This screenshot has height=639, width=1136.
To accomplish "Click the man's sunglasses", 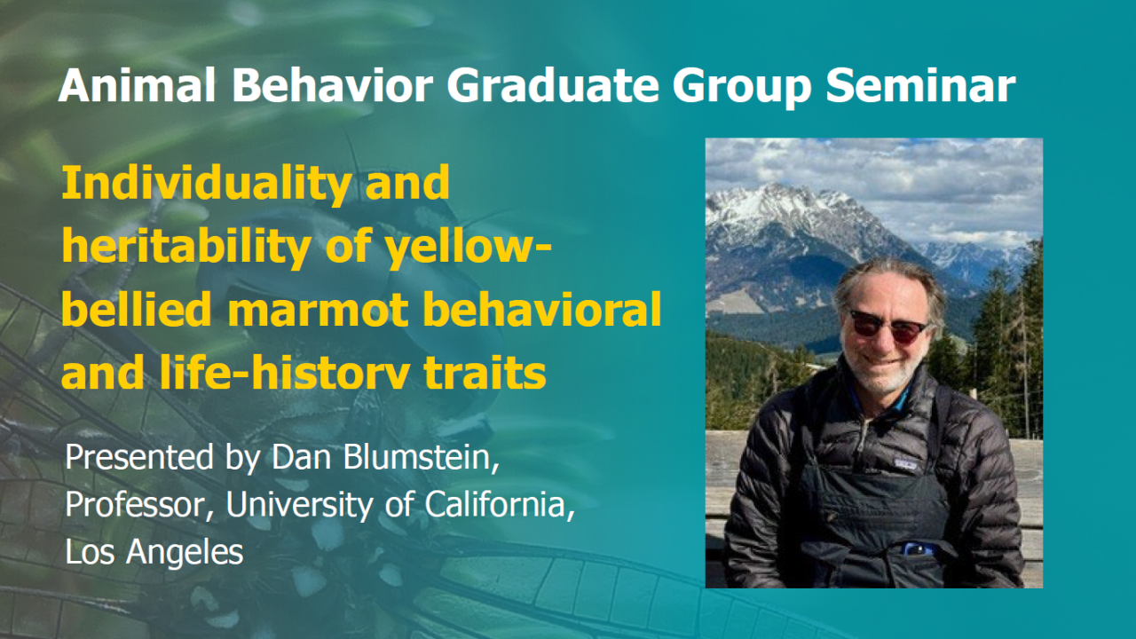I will click(887, 326).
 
